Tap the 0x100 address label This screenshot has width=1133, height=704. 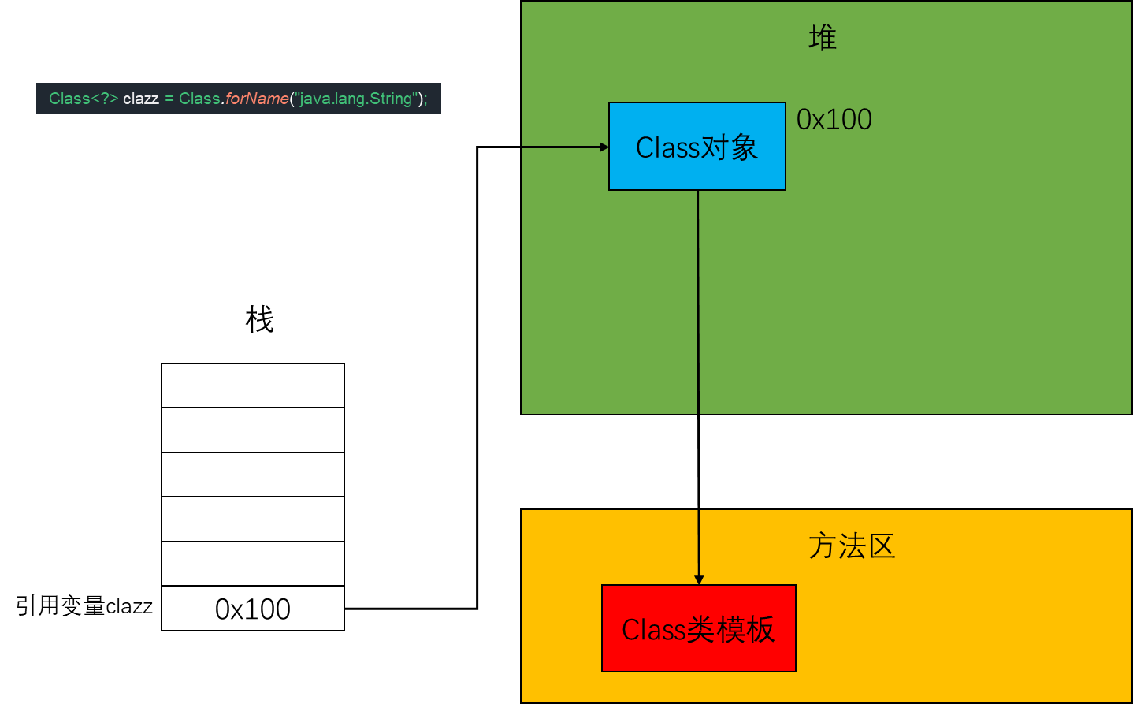[x=834, y=120]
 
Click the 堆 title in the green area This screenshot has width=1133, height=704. [x=822, y=38]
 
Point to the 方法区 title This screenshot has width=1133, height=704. [x=852, y=546]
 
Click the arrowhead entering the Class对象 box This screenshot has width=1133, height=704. [x=604, y=147]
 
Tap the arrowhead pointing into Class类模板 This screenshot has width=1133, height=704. [x=699, y=579]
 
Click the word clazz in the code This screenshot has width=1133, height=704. [x=141, y=99]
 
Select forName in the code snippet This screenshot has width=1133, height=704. [x=257, y=99]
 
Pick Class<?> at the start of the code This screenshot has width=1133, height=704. [x=83, y=99]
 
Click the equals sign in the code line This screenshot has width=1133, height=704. [x=169, y=99]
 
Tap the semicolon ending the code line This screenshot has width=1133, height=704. [x=425, y=99]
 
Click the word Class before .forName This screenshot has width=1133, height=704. [x=199, y=99]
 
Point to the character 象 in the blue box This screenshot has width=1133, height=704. [x=744, y=147]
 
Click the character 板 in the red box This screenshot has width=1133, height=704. [x=760, y=629]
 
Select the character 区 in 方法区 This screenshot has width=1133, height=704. [x=882, y=546]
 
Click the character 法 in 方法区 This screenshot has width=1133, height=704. [x=852, y=546]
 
